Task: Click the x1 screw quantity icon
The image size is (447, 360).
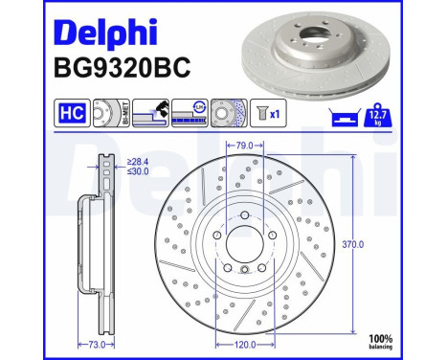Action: click(271, 113)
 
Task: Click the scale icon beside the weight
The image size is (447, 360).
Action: click(347, 117)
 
